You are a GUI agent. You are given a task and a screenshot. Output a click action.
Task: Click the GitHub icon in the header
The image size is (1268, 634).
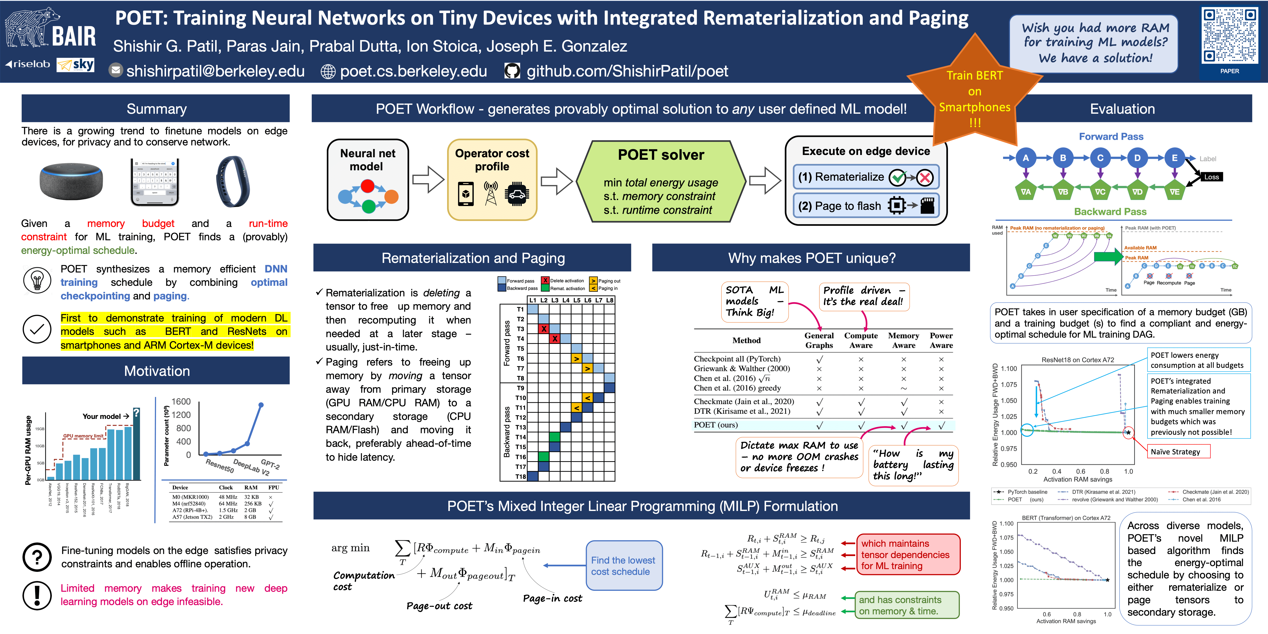[x=512, y=71]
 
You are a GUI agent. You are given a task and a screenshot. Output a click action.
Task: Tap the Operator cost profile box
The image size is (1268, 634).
[x=492, y=180]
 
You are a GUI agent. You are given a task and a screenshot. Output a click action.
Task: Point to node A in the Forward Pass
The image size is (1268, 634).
[x=1025, y=158]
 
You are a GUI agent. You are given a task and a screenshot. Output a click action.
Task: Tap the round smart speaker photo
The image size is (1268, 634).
[x=71, y=181]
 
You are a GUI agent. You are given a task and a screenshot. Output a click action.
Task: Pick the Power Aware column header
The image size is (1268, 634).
[x=941, y=340]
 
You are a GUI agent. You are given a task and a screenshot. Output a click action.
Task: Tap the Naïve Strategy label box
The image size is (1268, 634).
[x=1178, y=451]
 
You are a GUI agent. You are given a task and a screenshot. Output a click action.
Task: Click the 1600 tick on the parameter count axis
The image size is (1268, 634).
[x=181, y=402]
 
